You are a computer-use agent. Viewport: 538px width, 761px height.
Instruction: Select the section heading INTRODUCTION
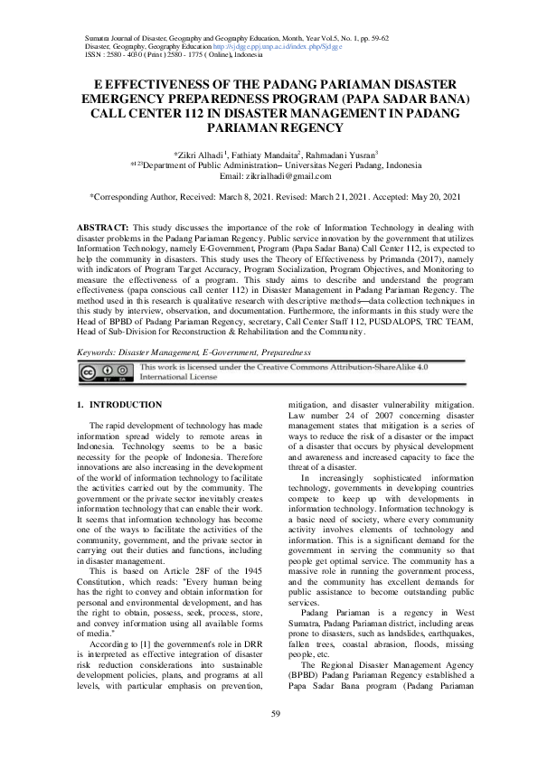tap(123, 404)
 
